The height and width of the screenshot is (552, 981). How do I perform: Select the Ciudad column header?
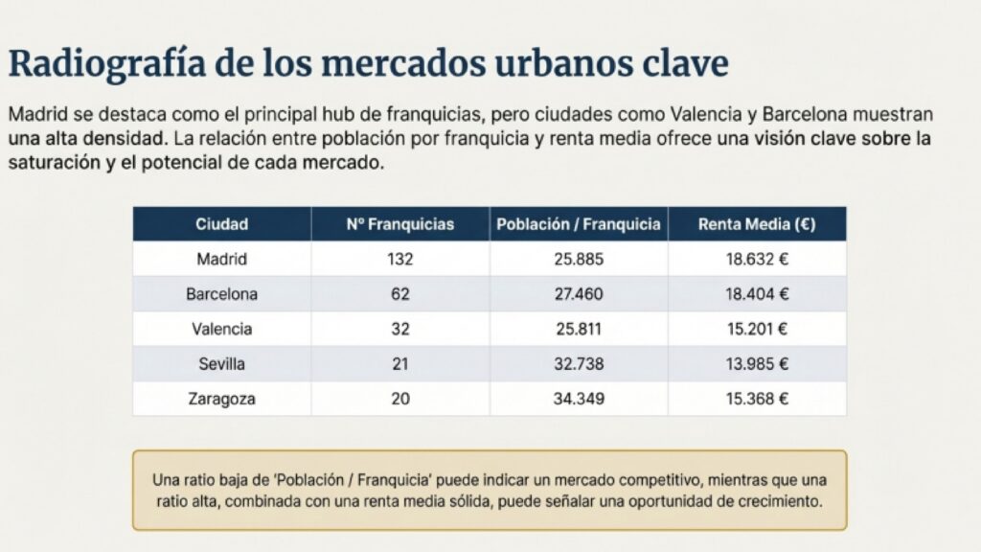[221, 224]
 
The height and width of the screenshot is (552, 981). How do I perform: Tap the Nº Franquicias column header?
[399, 224]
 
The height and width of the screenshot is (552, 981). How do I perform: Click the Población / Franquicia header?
[579, 224]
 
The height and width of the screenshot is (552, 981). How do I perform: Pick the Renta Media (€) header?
[757, 224]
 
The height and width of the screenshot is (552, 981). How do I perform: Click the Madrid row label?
[221, 259]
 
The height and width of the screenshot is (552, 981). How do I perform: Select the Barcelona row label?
[221, 294]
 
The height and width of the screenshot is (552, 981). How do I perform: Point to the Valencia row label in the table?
[221, 329]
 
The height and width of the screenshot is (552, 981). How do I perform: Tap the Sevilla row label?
[221, 364]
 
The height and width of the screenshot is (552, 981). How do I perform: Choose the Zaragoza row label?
[221, 399]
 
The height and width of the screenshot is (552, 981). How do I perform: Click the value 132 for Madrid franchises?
[399, 259]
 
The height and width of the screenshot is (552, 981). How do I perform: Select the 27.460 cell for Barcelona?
[579, 294]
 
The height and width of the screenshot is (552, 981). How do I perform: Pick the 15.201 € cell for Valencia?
[757, 329]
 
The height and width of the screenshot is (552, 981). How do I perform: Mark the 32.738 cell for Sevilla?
[579, 364]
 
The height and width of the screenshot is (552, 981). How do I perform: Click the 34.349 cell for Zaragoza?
[579, 399]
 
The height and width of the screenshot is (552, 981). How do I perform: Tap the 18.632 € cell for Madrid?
[757, 259]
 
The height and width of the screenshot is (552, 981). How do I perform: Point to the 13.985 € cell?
[757, 364]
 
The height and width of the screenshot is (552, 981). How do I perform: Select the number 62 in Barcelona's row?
[399, 294]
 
